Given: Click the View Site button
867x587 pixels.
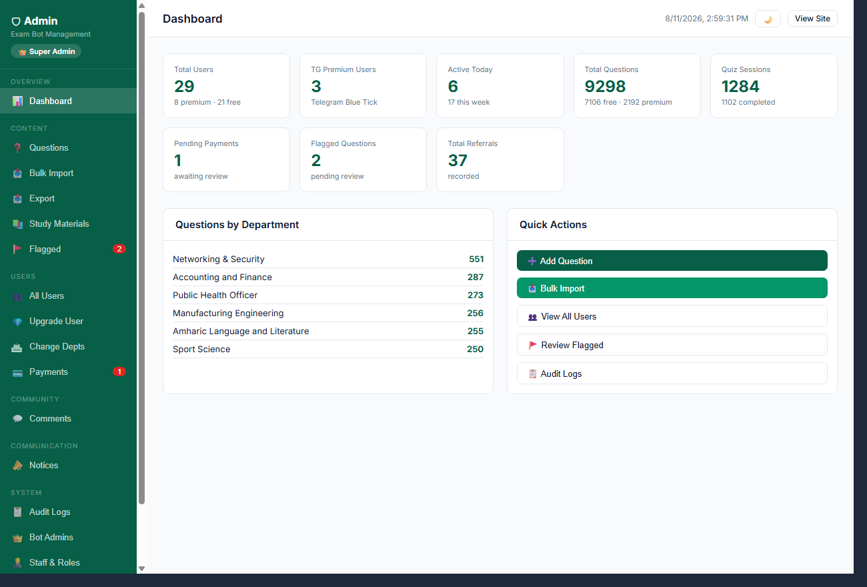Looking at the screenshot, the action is (x=812, y=19).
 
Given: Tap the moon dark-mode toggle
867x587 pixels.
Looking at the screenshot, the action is (x=768, y=19).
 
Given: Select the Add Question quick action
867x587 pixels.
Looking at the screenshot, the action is (x=672, y=261).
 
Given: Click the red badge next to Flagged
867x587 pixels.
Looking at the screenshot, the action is (x=119, y=249).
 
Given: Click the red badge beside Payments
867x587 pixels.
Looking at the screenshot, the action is (x=119, y=372).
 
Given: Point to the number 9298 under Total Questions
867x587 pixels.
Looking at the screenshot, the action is (x=605, y=86).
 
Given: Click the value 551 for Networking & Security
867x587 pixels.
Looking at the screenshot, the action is (x=476, y=259).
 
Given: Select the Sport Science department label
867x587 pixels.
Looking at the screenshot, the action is (x=201, y=350).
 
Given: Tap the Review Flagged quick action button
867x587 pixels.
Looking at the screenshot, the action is (x=672, y=345).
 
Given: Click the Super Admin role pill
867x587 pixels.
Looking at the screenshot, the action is (x=46, y=51).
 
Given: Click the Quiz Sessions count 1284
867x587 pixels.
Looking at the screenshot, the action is (x=740, y=86).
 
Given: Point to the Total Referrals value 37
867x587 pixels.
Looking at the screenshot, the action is (x=458, y=160).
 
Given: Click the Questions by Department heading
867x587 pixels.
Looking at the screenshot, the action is (x=237, y=225).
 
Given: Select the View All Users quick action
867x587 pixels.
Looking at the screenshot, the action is (x=672, y=316).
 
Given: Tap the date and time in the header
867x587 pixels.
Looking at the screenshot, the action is (x=706, y=19).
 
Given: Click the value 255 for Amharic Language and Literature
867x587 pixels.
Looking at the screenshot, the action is (x=476, y=331).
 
